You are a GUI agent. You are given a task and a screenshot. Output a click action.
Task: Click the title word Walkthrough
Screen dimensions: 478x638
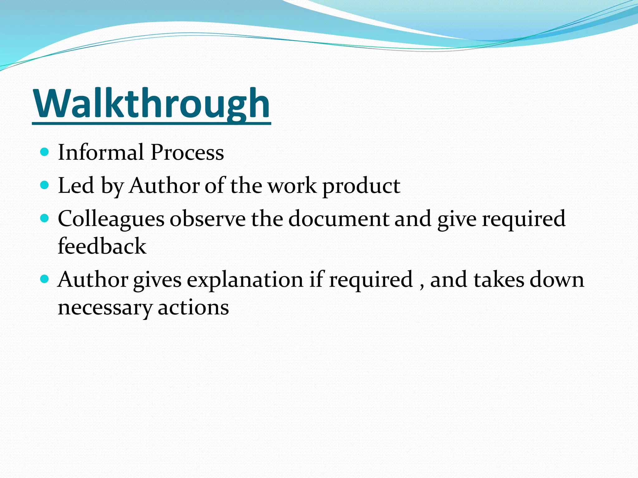[151, 104]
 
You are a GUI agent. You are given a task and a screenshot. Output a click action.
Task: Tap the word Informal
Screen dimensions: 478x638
[101, 152]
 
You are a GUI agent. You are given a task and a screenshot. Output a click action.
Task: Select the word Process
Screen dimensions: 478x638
[187, 152]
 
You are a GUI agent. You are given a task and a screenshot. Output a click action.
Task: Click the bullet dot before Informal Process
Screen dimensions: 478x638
[45, 152]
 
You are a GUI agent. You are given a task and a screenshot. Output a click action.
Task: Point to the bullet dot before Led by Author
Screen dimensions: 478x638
[45, 185]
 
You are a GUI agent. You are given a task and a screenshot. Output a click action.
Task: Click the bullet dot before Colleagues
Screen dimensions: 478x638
[45, 218]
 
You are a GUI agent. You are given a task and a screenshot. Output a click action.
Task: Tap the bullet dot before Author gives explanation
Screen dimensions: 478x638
[45, 279]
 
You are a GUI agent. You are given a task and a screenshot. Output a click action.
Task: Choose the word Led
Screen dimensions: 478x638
[76, 185]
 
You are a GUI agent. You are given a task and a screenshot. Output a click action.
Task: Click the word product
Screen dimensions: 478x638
[361, 186]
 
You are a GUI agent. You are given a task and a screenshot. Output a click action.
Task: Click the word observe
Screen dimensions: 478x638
[207, 219]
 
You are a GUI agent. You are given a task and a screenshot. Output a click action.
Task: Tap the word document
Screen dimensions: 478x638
[338, 219]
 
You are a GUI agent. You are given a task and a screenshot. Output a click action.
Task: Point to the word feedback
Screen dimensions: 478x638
[102, 246]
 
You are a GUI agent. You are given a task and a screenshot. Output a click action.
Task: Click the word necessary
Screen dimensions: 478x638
[105, 307]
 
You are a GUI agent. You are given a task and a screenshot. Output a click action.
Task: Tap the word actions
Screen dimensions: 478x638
[193, 307]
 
